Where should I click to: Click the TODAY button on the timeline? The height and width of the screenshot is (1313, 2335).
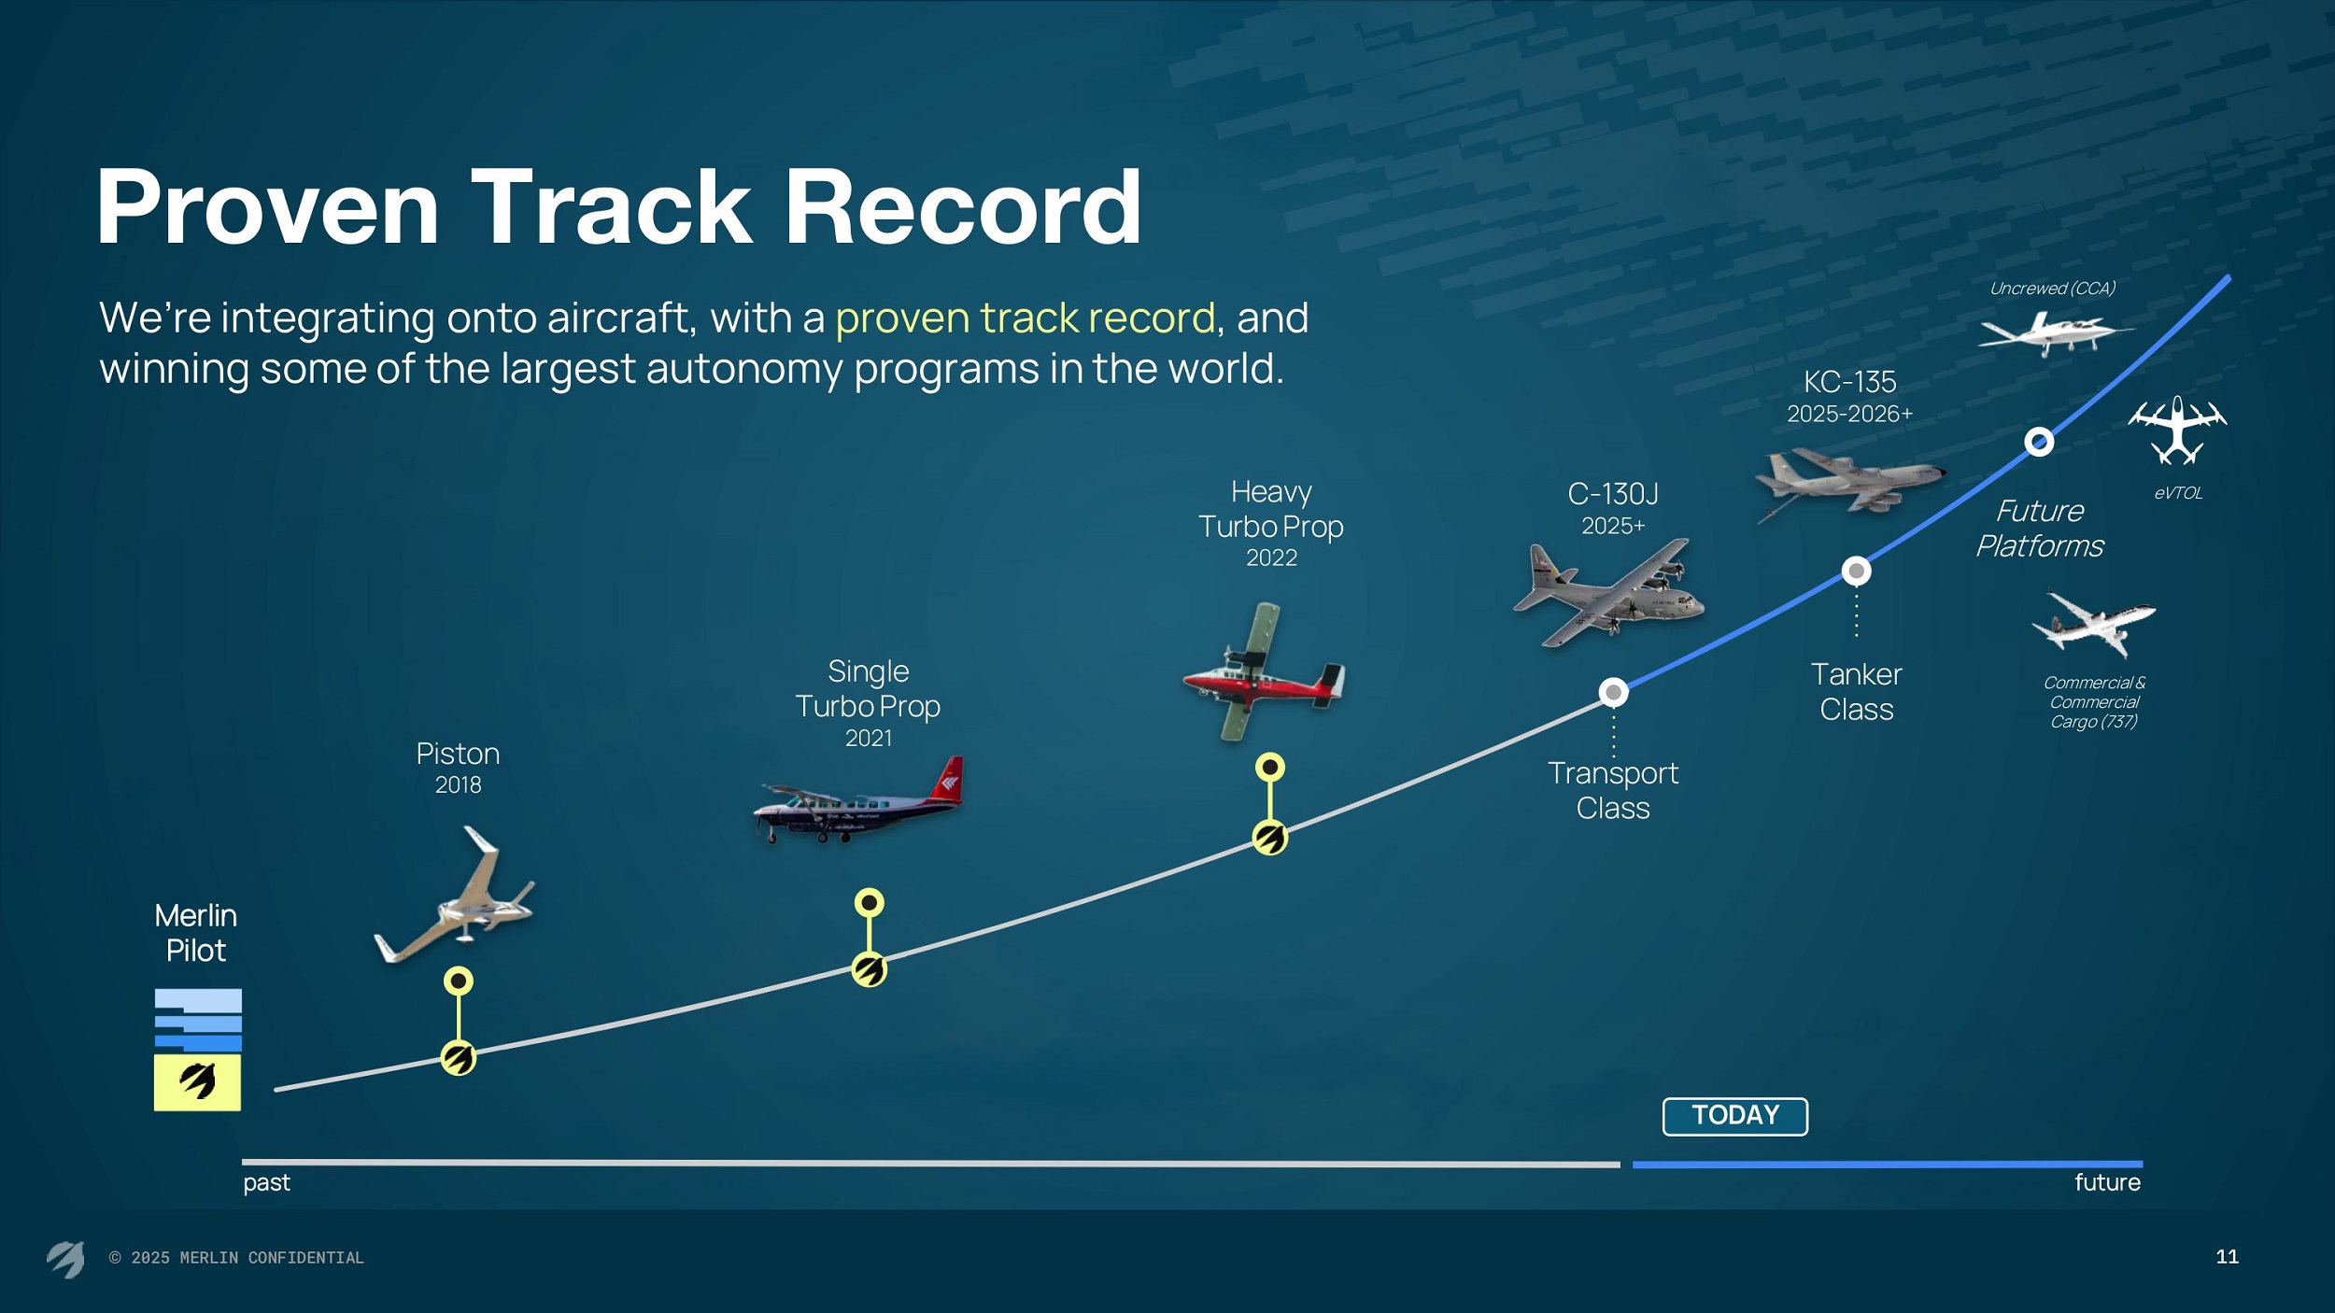tap(1734, 1116)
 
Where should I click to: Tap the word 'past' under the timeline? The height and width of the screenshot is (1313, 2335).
tap(267, 1182)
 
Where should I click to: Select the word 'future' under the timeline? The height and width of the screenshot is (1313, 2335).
tap(2107, 1182)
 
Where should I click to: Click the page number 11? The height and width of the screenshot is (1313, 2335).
tap(2227, 1257)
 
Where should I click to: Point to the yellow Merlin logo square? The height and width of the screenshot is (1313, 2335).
tap(197, 1082)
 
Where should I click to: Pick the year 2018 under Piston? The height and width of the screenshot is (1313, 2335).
tap(458, 784)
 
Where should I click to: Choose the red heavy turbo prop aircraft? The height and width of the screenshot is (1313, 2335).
tap(1263, 672)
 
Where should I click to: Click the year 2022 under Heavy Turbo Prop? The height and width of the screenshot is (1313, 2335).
tap(1271, 558)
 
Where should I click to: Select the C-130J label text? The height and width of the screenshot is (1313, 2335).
tap(1613, 494)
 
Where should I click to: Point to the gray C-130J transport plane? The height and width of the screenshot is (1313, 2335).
tap(1608, 594)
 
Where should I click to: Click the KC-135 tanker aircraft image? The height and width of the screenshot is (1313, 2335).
tap(1849, 484)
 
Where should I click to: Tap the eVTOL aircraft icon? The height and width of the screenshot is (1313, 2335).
tap(2177, 431)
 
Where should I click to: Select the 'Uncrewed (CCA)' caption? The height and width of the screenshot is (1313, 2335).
tap(2052, 289)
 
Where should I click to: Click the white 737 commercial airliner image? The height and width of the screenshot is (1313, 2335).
tap(2094, 625)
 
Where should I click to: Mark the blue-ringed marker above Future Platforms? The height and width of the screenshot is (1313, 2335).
tap(2039, 441)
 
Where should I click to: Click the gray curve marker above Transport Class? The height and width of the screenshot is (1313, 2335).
tap(1613, 692)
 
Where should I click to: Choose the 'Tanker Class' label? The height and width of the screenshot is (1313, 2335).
tap(1856, 691)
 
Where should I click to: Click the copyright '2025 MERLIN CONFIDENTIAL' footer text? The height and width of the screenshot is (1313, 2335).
tap(236, 1258)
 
